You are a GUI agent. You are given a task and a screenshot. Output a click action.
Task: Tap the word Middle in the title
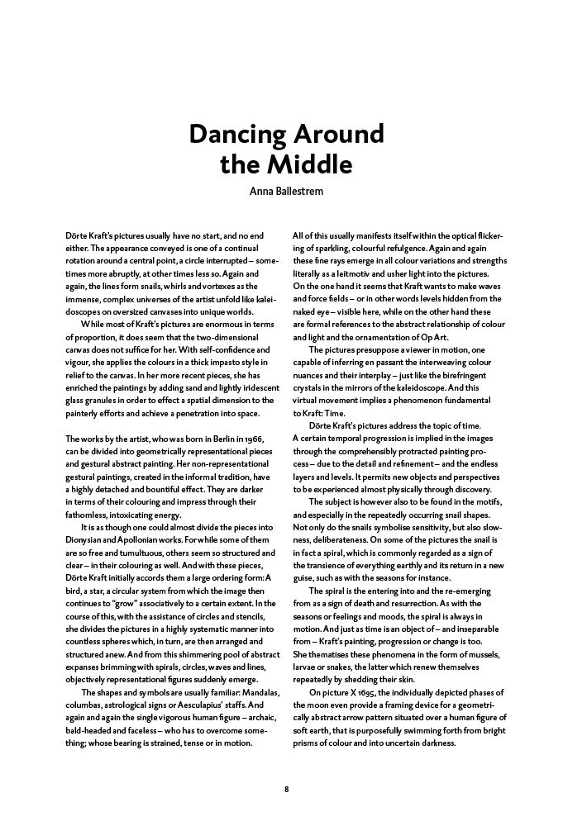pos(310,165)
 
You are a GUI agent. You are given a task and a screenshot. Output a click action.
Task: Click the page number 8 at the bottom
pos(286,789)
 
